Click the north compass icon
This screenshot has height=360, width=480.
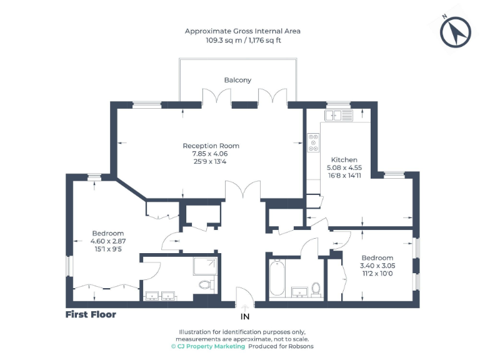(455, 32)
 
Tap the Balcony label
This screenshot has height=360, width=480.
(237, 80)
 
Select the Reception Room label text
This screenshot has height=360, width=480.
(211, 146)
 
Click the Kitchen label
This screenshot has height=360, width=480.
(344, 159)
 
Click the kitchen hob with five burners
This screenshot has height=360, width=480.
(312, 144)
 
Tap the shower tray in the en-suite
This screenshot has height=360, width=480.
(206, 267)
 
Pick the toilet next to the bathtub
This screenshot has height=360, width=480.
(316, 289)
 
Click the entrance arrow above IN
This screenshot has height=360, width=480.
(244, 307)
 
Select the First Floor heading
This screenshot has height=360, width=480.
(91, 314)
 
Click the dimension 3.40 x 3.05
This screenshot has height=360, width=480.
(377, 266)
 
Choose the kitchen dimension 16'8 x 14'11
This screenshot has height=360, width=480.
(344, 176)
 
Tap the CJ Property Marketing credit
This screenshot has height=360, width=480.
(207, 346)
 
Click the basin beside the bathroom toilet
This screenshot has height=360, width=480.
(298, 291)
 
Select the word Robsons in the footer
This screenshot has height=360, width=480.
(301, 346)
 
